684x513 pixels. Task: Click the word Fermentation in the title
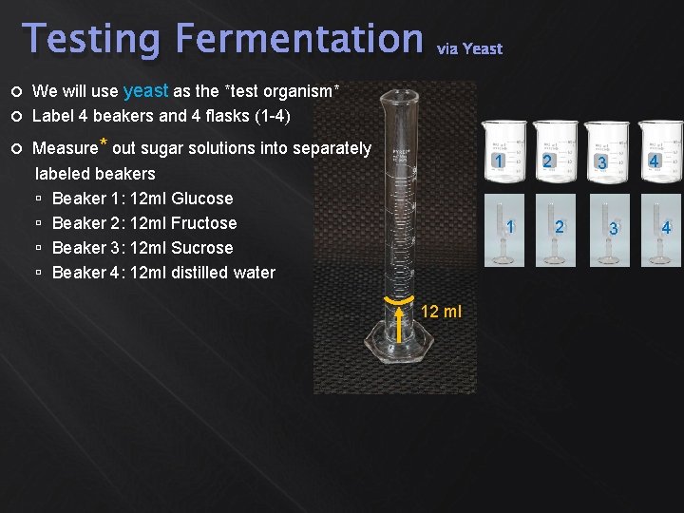point(298,40)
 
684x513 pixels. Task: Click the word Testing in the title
point(92,40)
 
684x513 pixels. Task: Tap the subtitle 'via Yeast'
point(469,48)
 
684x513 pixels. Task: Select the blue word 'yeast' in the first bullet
point(145,91)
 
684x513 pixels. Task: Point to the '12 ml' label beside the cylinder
point(441,312)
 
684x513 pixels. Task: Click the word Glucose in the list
point(201,199)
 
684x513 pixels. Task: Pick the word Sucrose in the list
point(201,248)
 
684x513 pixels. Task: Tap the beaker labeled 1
point(502,153)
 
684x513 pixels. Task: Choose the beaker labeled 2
point(555,153)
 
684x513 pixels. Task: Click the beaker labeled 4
point(659,153)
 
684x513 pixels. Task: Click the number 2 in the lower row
point(560,226)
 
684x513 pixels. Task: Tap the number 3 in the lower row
point(614,229)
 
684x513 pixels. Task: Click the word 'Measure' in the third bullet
point(65,148)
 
